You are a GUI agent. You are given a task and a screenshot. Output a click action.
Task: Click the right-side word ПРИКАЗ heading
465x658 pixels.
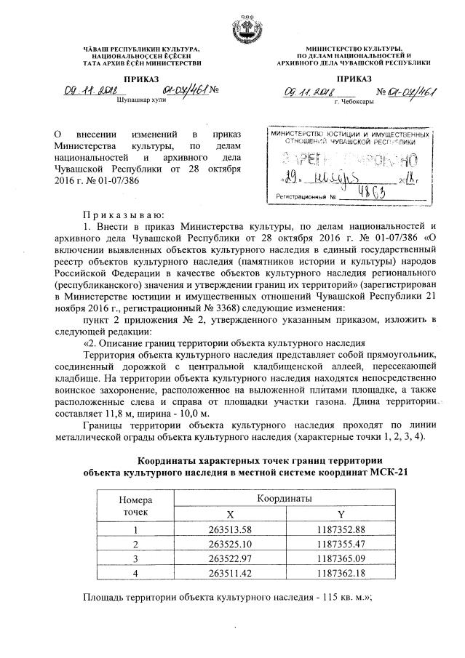[x=354, y=79]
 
